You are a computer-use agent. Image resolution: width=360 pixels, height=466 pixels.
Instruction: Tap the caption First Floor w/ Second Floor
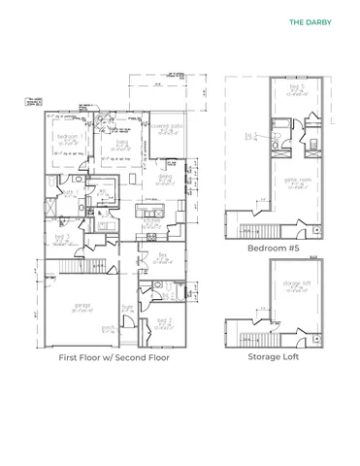[114, 357]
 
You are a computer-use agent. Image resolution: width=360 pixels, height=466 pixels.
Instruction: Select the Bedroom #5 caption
[272, 248]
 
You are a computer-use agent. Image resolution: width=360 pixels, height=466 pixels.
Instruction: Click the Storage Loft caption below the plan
[273, 356]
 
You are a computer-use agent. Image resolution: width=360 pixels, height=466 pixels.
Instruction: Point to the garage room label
[82, 306]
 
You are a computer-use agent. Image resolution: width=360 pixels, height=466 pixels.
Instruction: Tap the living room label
[121, 142]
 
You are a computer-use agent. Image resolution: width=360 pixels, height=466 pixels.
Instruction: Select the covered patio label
[162, 126]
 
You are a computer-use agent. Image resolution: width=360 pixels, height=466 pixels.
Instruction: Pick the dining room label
[164, 176]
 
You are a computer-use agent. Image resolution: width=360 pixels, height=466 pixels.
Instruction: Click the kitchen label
[152, 220]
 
